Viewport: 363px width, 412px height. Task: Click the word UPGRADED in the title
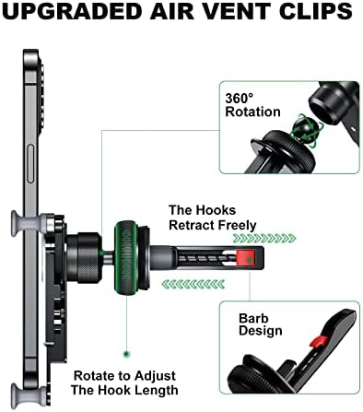(72, 11)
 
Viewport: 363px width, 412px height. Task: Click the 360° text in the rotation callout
(240, 99)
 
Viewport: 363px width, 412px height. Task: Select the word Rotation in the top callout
(252, 112)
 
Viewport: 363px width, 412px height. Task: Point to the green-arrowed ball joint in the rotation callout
(305, 126)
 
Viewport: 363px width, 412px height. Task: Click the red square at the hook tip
(246, 259)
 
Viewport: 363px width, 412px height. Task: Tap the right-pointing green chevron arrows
(264, 239)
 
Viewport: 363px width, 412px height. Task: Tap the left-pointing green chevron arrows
(193, 284)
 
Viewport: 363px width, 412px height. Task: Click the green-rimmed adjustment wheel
(126, 258)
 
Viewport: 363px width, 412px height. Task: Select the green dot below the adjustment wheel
(126, 354)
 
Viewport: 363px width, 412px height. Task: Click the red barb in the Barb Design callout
(319, 341)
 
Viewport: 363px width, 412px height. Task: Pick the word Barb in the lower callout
(253, 318)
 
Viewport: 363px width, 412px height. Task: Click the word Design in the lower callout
(261, 332)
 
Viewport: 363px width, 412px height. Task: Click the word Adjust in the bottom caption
(155, 376)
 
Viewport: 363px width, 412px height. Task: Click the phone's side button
(30, 164)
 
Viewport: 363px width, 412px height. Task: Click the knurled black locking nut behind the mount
(84, 257)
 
